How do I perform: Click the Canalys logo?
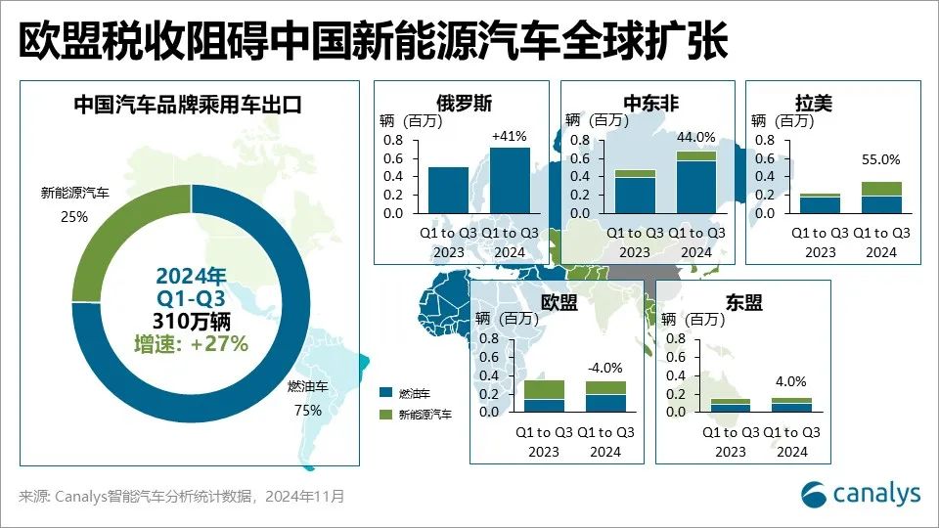pos(861,493)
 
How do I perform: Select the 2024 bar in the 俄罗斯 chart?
pos(510,180)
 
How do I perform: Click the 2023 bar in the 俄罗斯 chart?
pos(448,190)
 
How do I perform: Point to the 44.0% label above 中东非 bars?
pos(695,137)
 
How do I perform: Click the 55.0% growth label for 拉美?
pos(881,159)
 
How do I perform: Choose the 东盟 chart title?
pos(742,303)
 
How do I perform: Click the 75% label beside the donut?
pos(308,411)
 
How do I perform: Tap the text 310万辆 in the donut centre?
pos(192,320)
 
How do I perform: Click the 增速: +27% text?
pos(192,343)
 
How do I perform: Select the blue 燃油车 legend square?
pos(385,392)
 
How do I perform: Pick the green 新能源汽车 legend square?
pos(385,415)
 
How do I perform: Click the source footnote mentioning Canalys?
pos(182,496)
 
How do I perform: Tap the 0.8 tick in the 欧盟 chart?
pos(489,339)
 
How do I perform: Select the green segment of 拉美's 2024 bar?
pos(881,189)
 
